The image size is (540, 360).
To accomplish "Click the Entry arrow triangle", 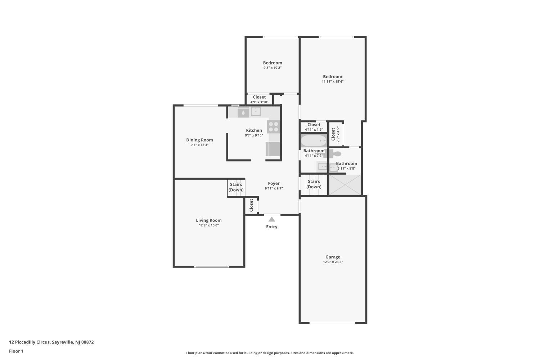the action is pyautogui.click(x=272, y=219).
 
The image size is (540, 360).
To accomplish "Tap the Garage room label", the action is pyautogui.click(x=333, y=257).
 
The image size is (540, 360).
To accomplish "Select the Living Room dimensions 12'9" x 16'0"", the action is pyautogui.click(x=209, y=225).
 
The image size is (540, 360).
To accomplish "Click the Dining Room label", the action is pyautogui.click(x=199, y=140).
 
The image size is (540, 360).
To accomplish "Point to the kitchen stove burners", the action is pyautogui.click(x=274, y=127).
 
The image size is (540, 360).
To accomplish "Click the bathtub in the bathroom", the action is pyautogui.click(x=314, y=141).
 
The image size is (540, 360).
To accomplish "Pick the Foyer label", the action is pyautogui.click(x=274, y=183).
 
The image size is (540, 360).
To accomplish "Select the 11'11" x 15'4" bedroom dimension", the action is pyautogui.click(x=333, y=81).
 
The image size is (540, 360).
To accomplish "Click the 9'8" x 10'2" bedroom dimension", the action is pyautogui.click(x=273, y=68).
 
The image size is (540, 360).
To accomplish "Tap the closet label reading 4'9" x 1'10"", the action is pyautogui.click(x=260, y=102).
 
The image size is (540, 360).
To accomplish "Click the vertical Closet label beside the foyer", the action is pyautogui.click(x=251, y=205).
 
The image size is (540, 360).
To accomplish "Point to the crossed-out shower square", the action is pyautogui.click(x=345, y=185).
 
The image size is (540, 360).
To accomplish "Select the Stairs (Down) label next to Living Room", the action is pyautogui.click(x=236, y=187).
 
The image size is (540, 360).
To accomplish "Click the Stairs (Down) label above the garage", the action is pyautogui.click(x=314, y=184).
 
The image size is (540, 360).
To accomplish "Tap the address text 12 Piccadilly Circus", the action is pyautogui.click(x=30, y=342).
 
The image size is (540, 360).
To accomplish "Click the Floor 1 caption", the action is pyautogui.click(x=16, y=351).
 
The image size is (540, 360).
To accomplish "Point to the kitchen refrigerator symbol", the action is pyautogui.click(x=273, y=149).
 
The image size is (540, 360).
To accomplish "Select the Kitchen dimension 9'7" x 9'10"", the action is pyautogui.click(x=254, y=135).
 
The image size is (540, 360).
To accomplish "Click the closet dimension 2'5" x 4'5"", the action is pyautogui.click(x=338, y=134).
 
